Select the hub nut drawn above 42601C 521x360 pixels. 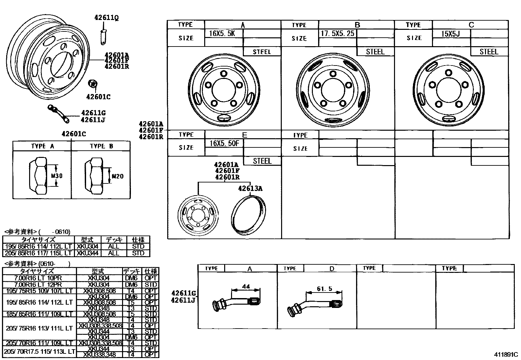coord(93,84)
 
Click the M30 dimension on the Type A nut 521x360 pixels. coord(57,176)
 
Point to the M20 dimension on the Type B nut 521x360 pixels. coord(117,176)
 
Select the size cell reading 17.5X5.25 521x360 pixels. coord(337,33)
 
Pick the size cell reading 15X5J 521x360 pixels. coord(451,33)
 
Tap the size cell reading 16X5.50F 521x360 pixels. coord(224,143)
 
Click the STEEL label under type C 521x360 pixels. coord(489,52)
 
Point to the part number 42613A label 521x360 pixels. coord(250,188)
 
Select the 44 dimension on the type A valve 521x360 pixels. coord(245,286)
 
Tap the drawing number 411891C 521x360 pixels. coord(506,354)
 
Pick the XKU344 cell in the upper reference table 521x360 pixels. coord(87,253)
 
